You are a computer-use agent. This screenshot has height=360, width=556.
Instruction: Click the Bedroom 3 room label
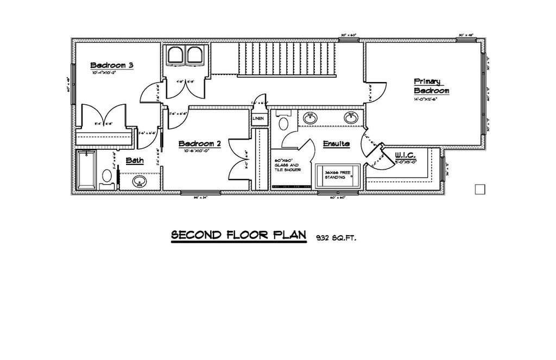112,65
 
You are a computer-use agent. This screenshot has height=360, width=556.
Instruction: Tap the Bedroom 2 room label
200,144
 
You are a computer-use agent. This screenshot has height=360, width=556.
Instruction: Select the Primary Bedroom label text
431,85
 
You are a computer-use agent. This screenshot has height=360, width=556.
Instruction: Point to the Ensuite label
336,144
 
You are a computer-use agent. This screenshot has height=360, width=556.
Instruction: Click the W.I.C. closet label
405,155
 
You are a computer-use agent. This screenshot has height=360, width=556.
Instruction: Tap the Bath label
134,161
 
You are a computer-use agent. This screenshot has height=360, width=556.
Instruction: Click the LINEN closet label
258,119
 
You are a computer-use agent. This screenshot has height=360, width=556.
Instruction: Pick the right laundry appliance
194,56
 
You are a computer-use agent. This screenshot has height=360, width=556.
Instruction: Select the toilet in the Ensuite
282,123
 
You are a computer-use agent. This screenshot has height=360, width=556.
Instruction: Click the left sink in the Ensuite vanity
311,117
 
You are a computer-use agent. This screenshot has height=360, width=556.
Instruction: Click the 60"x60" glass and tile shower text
286,166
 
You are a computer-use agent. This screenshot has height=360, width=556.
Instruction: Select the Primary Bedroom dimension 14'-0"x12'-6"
425,99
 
